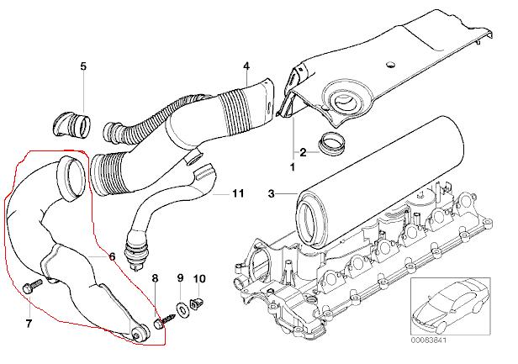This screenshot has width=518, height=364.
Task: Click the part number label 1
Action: (293, 167)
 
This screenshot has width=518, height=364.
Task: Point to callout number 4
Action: (246, 66)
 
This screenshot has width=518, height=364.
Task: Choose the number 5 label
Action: (83, 66)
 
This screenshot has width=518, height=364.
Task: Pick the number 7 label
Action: (27, 323)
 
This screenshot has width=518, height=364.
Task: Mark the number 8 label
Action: (154, 277)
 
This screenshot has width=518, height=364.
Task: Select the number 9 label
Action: (179, 277)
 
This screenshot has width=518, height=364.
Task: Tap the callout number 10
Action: (199, 277)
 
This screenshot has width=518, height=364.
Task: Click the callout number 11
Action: (238, 194)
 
